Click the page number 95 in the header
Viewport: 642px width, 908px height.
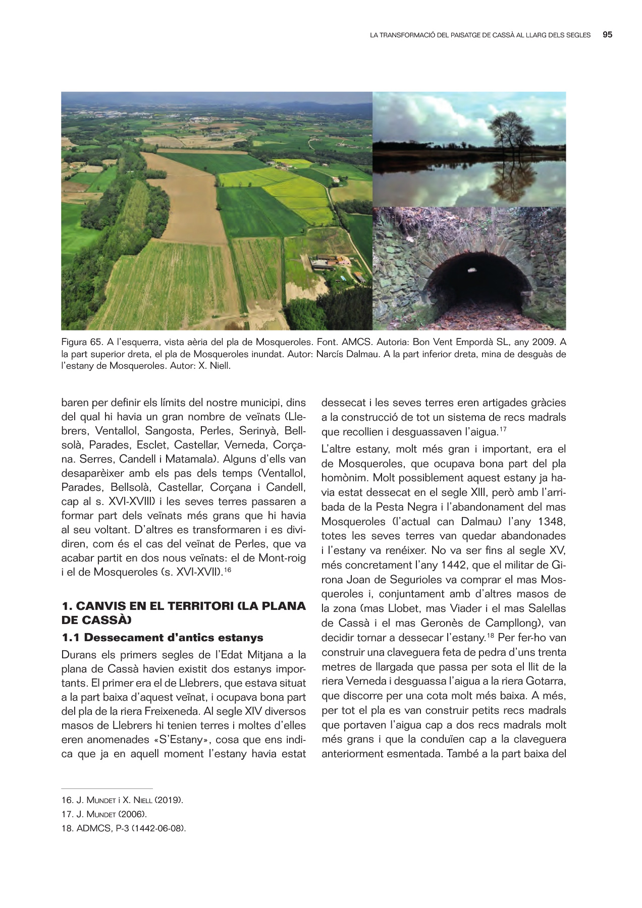[x=607, y=35]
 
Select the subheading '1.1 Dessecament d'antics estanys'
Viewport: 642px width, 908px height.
[x=162, y=638]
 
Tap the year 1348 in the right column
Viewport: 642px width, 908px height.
[x=552, y=522]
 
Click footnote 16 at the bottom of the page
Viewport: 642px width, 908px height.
[x=122, y=800]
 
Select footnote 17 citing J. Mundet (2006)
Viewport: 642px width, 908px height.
[x=104, y=814]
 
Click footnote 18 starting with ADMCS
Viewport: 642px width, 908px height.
[x=124, y=828]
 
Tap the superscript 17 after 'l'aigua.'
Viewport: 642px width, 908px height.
[x=503, y=429]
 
